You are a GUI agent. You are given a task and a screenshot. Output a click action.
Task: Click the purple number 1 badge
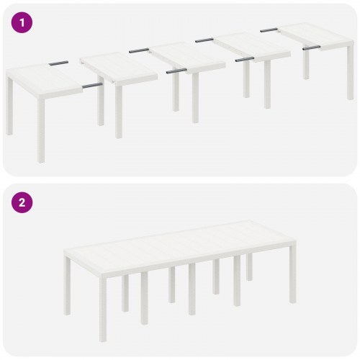click(x=22, y=22)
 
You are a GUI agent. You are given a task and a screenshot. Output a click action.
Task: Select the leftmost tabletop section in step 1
click(x=43, y=75)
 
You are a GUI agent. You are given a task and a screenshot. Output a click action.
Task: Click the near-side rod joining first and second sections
click(x=91, y=86)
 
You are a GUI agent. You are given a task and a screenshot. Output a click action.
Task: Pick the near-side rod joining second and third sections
click(x=176, y=71)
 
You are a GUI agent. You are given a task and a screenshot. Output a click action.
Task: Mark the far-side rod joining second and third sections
click(x=139, y=50)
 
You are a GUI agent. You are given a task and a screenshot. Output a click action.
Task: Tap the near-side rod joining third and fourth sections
click(x=246, y=59)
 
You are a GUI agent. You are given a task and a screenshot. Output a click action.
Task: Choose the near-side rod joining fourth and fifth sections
click(x=311, y=48)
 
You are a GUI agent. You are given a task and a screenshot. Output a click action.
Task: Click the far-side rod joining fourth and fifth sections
click(x=269, y=30)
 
